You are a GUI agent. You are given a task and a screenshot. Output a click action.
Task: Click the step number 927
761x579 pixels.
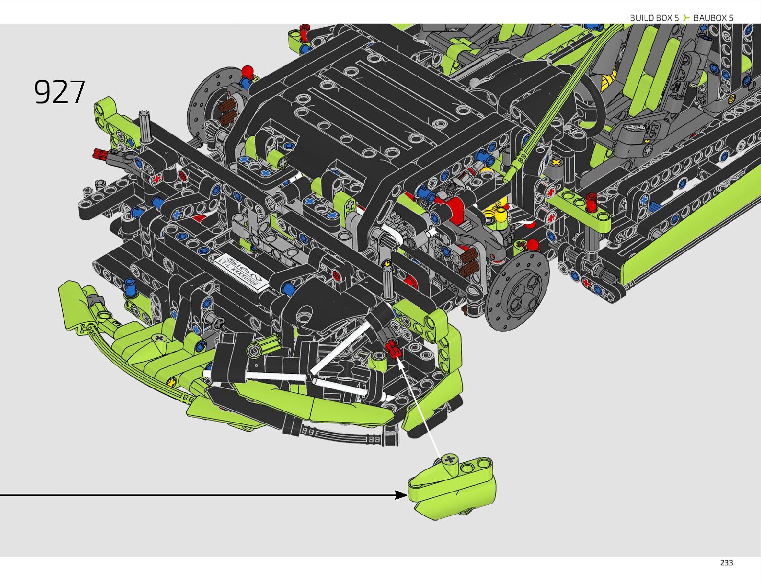(59, 92)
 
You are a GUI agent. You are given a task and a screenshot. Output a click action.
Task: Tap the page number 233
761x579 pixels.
(726, 563)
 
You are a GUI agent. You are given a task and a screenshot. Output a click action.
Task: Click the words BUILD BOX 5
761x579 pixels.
(654, 18)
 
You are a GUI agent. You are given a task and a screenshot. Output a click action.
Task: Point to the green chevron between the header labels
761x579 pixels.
(686, 18)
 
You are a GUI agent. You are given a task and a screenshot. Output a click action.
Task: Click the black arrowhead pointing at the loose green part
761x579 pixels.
(402, 495)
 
